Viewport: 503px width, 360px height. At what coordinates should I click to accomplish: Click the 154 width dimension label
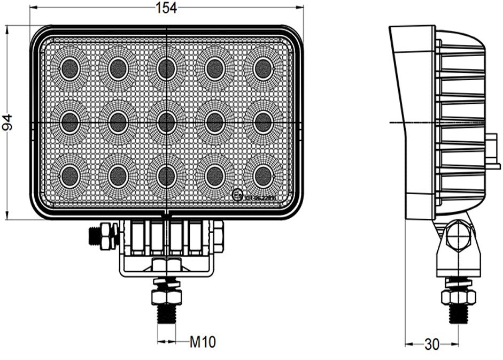tap(166, 7)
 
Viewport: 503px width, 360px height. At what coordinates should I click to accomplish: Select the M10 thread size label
tap(203, 342)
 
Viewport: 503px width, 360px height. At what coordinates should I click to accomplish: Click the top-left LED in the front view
tap(69, 68)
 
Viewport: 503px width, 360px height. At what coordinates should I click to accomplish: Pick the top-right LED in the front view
tap(262, 68)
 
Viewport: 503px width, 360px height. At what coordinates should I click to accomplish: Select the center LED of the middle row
tap(167, 122)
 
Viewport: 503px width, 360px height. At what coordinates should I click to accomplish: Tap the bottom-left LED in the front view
tap(69, 175)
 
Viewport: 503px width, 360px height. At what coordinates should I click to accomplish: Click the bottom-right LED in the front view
tap(262, 175)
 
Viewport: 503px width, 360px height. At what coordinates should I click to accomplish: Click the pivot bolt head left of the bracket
tap(103, 236)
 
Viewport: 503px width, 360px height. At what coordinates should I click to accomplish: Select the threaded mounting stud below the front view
tap(167, 313)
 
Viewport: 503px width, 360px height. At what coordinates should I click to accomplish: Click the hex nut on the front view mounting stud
tap(167, 296)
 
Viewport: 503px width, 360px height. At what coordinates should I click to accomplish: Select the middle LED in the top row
tap(167, 68)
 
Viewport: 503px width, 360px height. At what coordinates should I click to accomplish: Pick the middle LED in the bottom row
tap(167, 175)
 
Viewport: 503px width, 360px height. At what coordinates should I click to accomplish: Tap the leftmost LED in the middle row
tap(69, 122)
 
